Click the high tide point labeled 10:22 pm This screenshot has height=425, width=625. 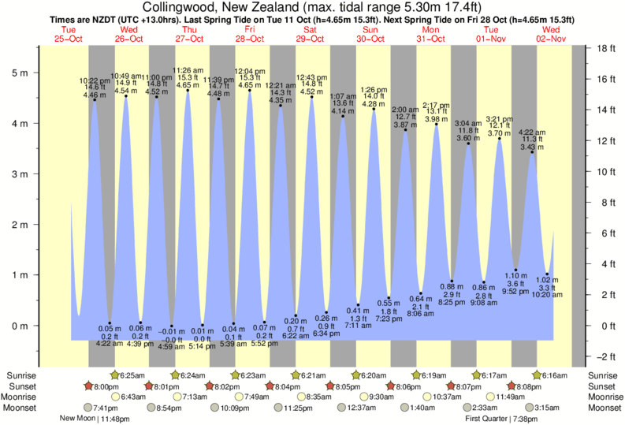[x=95, y=99]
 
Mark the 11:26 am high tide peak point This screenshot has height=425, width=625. [x=188, y=90]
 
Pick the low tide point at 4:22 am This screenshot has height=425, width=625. [x=110, y=323]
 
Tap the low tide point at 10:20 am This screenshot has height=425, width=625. [x=547, y=274]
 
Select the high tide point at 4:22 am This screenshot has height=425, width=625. [x=532, y=151]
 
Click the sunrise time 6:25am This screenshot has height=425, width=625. [x=137, y=375]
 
